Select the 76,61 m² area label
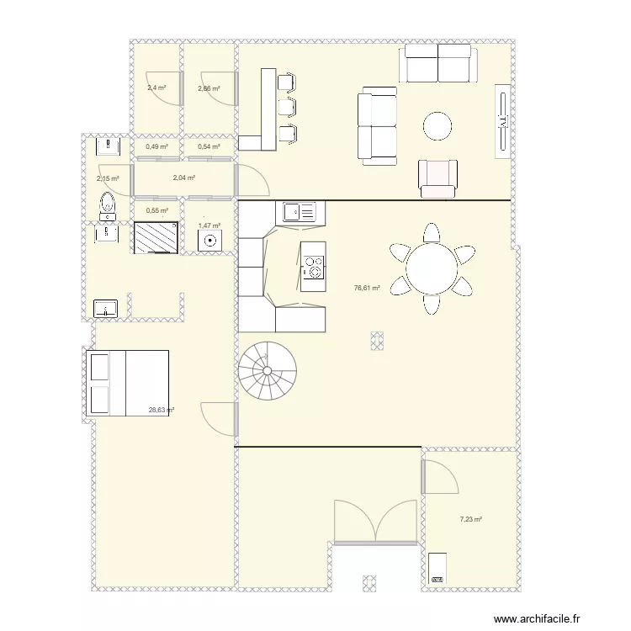(367, 288)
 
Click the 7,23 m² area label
(470, 519)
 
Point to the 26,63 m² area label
(161, 411)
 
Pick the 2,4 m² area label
(156, 87)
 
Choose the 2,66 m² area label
(209, 88)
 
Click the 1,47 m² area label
(209, 225)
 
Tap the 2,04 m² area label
(183, 178)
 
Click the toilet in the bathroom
(107, 203)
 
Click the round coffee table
(437, 126)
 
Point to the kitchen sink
(299, 212)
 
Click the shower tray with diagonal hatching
(156, 237)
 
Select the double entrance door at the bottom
(376, 522)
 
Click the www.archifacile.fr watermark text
(537, 619)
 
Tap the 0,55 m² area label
(156, 210)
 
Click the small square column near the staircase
(376, 339)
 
